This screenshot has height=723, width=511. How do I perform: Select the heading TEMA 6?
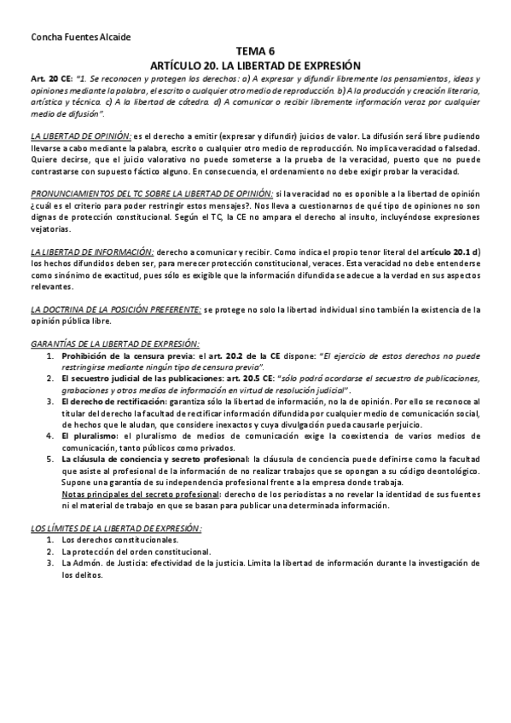(256, 52)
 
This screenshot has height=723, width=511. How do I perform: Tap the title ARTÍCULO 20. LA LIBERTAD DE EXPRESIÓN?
(256, 65)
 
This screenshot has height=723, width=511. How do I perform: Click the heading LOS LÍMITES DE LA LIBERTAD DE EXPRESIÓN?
(115, 529)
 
